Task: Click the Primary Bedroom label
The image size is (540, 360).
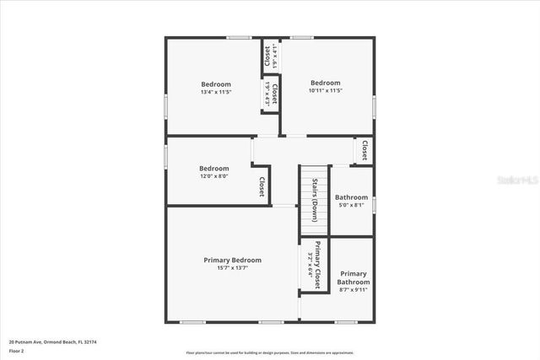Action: pos(232,261)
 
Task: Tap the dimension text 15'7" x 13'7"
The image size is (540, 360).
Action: pos(232,269)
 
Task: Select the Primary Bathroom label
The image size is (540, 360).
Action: pos(353,278)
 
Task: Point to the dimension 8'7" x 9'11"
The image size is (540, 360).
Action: pos(353,290)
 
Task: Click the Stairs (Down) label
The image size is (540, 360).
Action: pos(314,200)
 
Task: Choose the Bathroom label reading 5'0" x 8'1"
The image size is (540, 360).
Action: pos(350,196)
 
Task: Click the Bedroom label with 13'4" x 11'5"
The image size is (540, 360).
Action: pos(215,83)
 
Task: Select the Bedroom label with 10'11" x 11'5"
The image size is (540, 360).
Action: pos(325,83)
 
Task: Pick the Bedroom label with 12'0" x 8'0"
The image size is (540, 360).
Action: pos(213,168)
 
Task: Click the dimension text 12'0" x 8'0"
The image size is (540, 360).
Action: pos(213,176)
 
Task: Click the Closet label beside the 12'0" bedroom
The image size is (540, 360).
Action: pos(262,185)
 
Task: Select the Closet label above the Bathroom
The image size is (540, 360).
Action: pos(364,151)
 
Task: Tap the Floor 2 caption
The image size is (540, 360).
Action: pos(17,350)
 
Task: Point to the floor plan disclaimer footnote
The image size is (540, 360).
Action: pos(270,352)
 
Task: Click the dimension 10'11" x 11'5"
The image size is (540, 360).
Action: pos(325,91)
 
